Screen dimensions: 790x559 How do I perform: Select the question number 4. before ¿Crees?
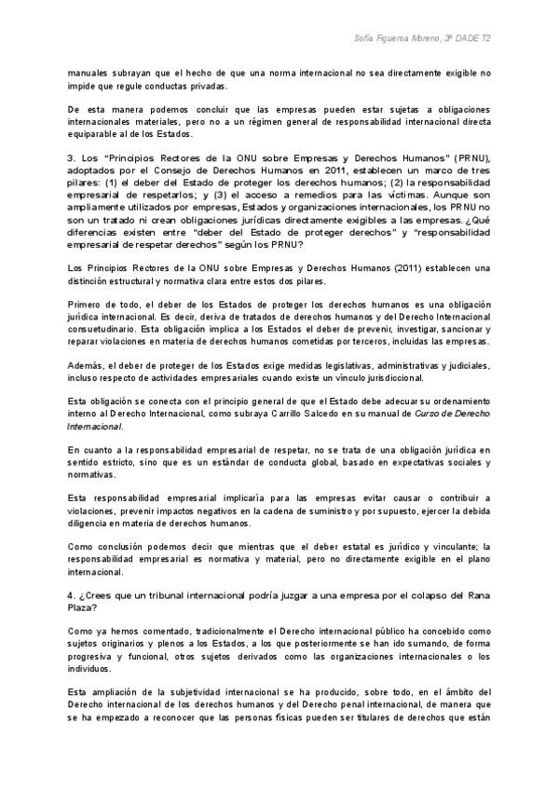point(72,594)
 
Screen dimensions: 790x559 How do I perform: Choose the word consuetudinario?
point(108,329)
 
